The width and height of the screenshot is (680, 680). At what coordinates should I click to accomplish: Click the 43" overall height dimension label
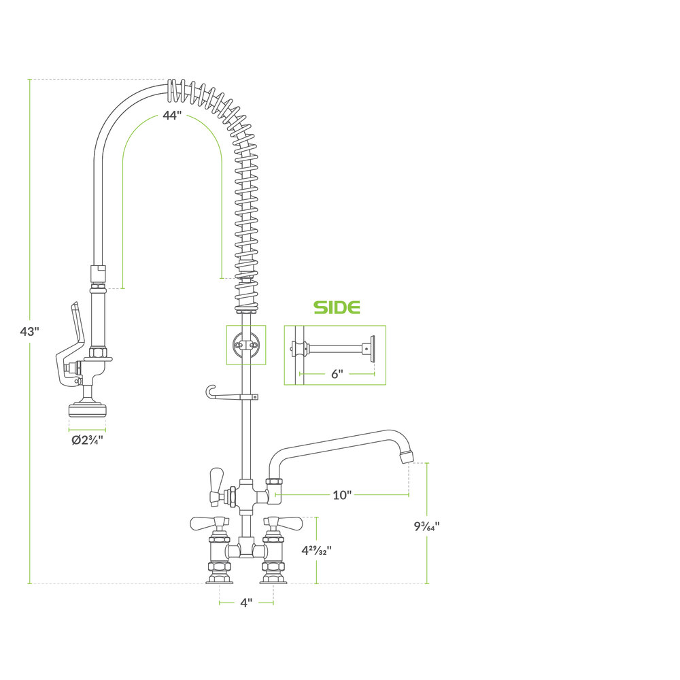click(x=29, y=331)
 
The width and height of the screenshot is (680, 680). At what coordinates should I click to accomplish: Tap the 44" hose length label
click(x=172, y=116)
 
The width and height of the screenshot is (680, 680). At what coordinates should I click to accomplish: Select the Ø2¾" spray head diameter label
click(x=87, y=440)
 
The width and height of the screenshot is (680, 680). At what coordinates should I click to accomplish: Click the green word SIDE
click(x=337, y=307)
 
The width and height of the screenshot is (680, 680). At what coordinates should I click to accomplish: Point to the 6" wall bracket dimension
click(x=337, y=373)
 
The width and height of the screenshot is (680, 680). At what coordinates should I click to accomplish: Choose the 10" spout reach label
click(x=342, y=495)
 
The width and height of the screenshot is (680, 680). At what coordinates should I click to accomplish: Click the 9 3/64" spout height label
click(x=427, y=526)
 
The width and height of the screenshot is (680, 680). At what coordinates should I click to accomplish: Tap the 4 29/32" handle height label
click(x=317, y=550)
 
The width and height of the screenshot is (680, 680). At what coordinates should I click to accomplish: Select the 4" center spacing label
click(x=246, y=602)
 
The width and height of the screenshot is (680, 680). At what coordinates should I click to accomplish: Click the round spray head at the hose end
click(x=87, y=410)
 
